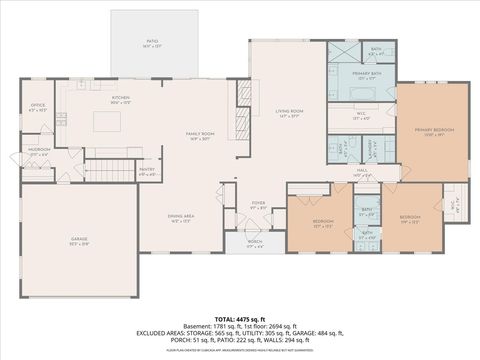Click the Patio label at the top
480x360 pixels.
tap(152, 43)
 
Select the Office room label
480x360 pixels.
tap(38, 107)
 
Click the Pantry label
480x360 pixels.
tap(147, 171)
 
